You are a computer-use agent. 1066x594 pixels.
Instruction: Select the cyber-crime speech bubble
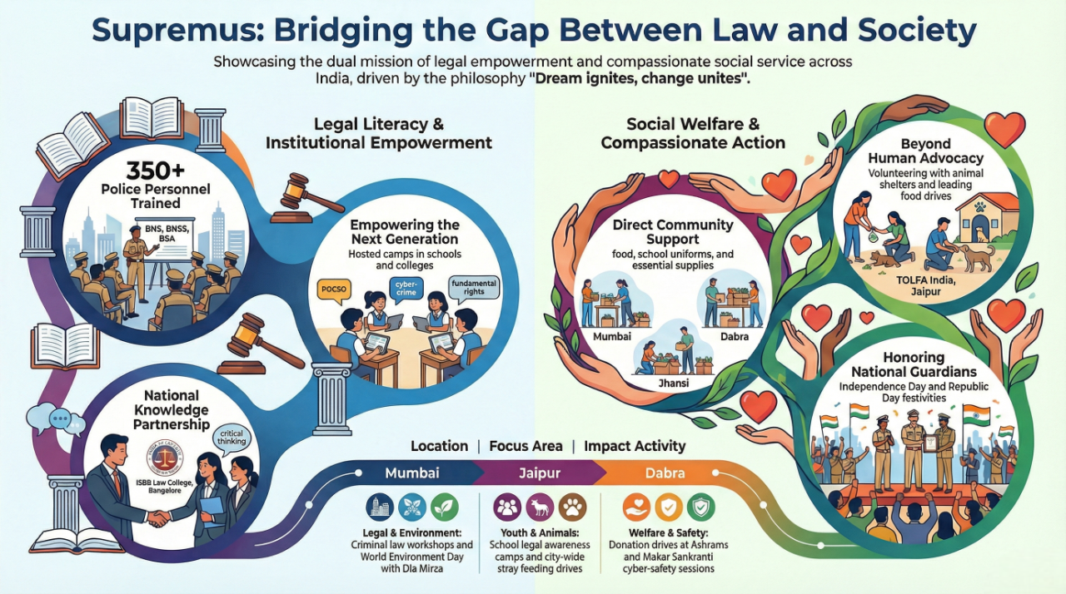[407, 289]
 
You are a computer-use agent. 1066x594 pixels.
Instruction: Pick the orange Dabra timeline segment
[665, 473]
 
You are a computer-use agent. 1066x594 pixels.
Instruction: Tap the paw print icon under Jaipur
[573, 507]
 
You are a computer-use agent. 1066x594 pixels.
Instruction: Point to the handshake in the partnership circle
[160, 517]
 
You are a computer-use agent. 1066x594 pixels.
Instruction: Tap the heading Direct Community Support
[673, 232]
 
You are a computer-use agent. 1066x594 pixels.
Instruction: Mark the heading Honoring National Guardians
[914, 364]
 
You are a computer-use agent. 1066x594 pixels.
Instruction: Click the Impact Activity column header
[635, 446]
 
